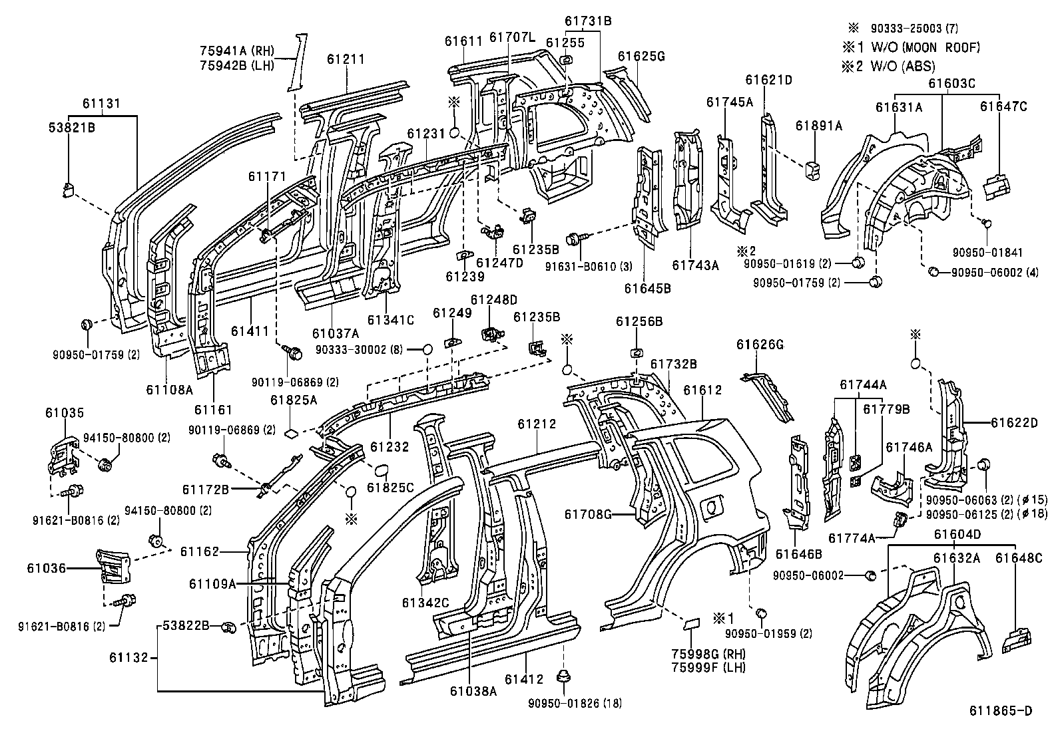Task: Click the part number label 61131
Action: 101,104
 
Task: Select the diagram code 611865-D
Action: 1000,710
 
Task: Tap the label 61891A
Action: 819,126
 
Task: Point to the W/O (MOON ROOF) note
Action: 925,47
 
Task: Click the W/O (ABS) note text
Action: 903,67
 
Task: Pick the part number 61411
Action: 250,331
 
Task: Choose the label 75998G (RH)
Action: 708,654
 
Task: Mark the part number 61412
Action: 524,679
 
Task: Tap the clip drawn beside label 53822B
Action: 229,627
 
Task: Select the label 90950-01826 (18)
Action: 575,704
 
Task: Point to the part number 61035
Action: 65,413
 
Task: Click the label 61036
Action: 46,568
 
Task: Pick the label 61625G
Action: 641,57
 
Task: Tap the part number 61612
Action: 702,390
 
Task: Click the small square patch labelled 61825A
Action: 290,432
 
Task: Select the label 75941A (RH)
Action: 236,51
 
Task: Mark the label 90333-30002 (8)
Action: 359,350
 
